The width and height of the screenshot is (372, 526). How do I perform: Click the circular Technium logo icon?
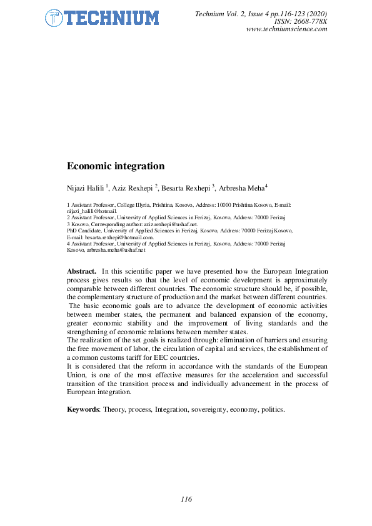click(x=54, y=18)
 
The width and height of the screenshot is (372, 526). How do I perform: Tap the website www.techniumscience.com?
click(x=287, y=29)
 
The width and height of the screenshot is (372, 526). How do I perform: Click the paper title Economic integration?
click(x=116, y=166)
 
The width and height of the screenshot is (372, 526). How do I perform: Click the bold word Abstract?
click(x=81, y=271)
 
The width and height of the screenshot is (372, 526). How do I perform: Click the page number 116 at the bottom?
click(x=186, y=499)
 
